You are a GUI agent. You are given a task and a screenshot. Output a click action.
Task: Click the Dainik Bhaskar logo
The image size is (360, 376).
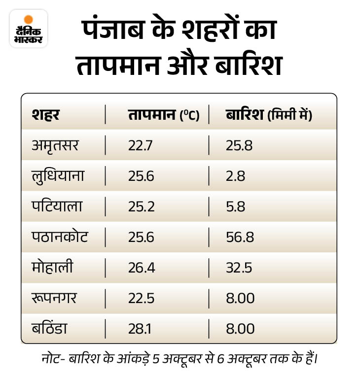coord(29,29)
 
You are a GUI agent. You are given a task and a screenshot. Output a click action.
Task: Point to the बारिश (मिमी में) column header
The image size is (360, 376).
coord(269,115)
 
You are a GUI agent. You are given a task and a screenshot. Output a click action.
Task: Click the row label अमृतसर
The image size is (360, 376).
coord(55,145)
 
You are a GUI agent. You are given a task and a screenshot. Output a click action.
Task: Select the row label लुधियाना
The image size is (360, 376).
coord(58,176)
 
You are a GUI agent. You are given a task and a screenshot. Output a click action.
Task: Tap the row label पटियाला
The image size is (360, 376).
coord(57,206)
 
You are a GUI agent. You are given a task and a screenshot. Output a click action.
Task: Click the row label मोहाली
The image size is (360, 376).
coord(53,267)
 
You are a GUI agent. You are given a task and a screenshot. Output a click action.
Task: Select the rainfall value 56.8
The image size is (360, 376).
coord(240,237)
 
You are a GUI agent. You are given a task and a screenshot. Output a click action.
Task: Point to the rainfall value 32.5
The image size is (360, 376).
coord(239,268)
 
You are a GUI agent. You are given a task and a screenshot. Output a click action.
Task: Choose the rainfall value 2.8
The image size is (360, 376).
coord(236,176)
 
